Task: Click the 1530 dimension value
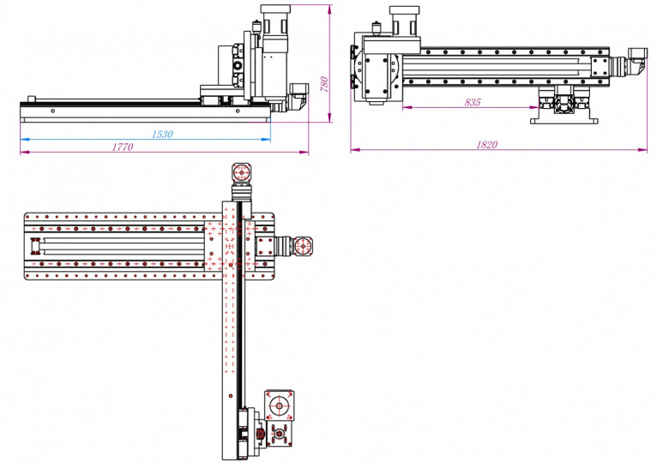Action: click(161, 134)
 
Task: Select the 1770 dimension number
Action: click(122, 147)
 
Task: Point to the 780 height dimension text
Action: click(324, 84)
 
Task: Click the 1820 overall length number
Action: click(486, 145)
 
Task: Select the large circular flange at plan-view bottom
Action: click(280, 406)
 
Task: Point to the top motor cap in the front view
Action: click(275, 15)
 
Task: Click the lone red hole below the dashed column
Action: click(232, 395)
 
